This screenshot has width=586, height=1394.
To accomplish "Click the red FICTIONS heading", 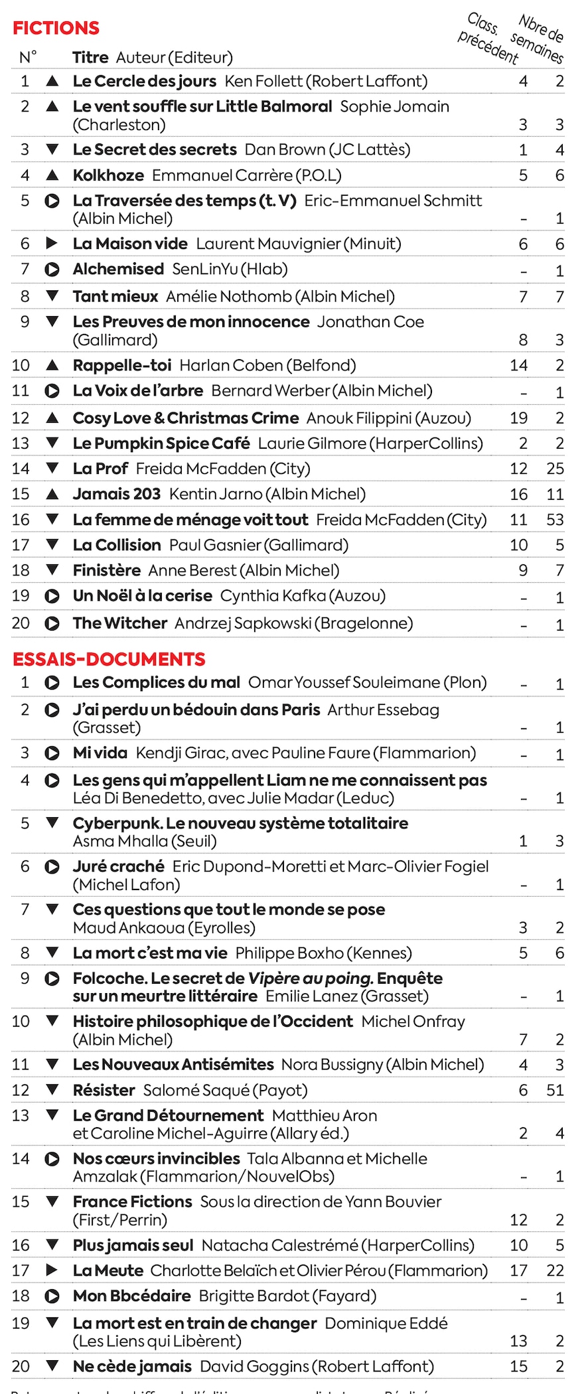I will pos(56,28).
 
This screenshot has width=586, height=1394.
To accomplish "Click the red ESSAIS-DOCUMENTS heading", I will pos(109,659).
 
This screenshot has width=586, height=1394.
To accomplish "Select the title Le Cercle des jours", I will pos(144,82).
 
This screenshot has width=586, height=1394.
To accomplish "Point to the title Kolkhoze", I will pos(108,175).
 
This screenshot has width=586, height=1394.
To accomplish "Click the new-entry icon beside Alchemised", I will pos(52,270).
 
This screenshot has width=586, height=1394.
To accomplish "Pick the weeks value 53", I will pos(555,520).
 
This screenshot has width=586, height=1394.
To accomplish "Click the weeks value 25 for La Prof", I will pos(555,469).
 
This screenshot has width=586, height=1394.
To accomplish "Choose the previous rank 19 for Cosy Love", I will pos(518,418).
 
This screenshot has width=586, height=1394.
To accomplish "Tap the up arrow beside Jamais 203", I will pos(52,494).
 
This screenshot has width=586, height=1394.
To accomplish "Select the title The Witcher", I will pos(119,623).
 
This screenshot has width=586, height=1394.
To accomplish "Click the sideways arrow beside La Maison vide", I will pos(52,244).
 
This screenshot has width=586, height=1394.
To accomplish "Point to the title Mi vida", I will pos(100,753).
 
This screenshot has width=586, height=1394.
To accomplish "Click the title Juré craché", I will pos(118,867).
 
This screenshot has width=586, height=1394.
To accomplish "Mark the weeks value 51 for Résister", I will pos(555,1091).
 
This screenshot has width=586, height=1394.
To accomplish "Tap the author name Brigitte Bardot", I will pos(254,1296).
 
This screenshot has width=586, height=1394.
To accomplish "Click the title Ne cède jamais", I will pos(132,1367).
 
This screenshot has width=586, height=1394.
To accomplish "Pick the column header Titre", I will pos(90,58).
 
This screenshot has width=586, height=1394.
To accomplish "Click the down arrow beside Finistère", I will pos(52,570).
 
